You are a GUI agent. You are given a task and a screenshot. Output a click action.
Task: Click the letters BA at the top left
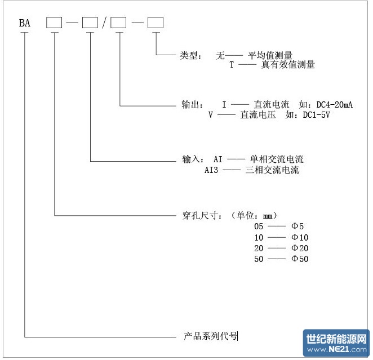25,23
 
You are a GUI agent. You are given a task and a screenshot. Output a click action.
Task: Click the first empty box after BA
54,23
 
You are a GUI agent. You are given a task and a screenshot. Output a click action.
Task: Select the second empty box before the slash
90,23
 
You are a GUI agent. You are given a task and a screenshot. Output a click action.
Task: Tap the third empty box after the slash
119,23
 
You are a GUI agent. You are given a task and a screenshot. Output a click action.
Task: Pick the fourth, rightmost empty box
155,23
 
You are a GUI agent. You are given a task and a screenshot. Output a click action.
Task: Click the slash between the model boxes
105,23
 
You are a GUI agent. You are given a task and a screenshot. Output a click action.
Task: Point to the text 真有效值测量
288,65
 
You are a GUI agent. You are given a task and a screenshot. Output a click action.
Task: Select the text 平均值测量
270,56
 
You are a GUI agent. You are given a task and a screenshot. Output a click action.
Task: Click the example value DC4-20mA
334,105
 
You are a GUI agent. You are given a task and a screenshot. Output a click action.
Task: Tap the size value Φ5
297,226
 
